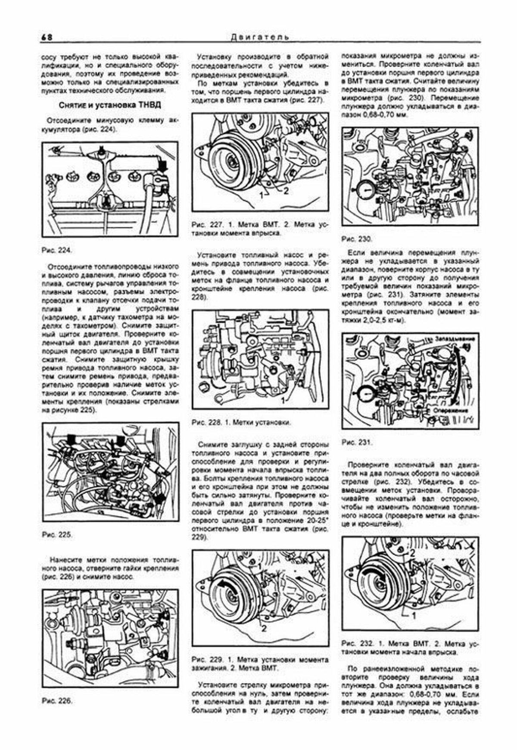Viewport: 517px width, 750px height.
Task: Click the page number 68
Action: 47,37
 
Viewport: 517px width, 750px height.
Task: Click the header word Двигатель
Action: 260,37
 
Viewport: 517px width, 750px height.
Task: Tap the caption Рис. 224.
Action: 55,250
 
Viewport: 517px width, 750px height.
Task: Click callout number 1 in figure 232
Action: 414,616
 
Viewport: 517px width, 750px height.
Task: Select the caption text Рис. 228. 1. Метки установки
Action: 241,423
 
